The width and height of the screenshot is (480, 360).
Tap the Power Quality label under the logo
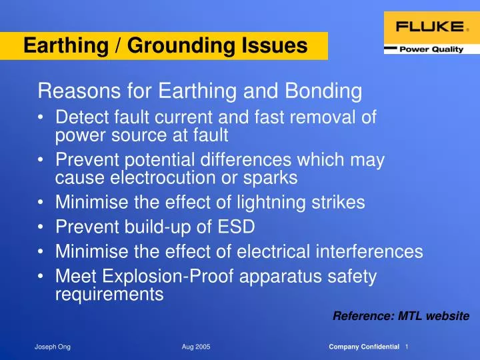coord(432,49)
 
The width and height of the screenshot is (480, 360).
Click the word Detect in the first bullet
coord(78,118)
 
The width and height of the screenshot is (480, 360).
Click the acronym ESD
coord(234,227)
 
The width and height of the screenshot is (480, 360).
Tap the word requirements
coord(109,294)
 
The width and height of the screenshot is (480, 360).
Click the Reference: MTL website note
coord(401,316)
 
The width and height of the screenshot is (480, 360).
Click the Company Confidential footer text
coord(364,347)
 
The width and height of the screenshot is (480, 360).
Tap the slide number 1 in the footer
coord(407,347)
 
